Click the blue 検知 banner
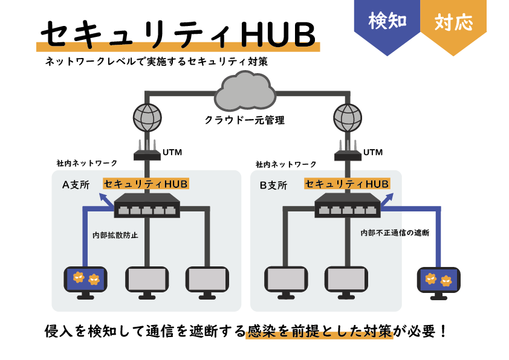(x=387, y=23)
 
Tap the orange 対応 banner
(x=453, y=23)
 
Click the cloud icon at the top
(x=245, y=92)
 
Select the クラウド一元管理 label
(x=244, y=120)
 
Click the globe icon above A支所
(x=148, y=117)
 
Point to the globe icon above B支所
(x=348, y=117)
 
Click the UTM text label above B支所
(x=372, y=152)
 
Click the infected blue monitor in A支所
(x=85, y=281)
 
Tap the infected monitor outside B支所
(x=438, y=281)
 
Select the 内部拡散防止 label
(x=115, y=235)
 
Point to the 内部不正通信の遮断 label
(x=394, y=233)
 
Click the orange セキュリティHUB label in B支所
(x=347, y=184)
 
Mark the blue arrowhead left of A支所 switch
(x=104, y=199)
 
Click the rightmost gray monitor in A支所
(x=207, y=281)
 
